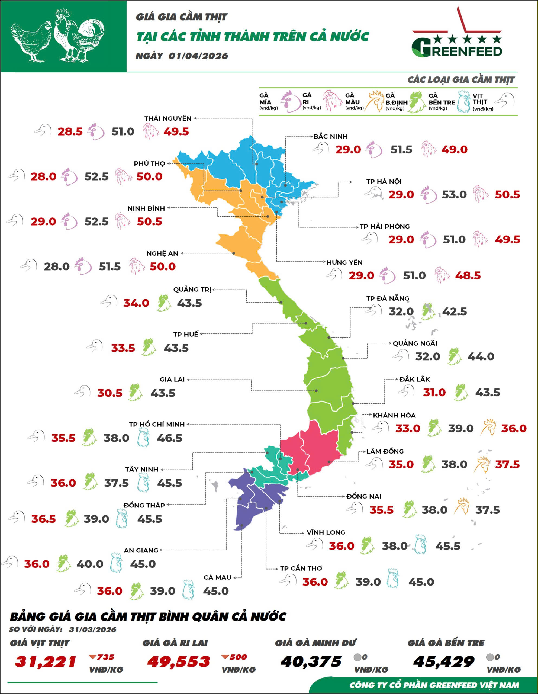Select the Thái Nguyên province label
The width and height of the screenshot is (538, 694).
tap(168, 118)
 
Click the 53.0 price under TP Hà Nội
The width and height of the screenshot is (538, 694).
tap(454, 194)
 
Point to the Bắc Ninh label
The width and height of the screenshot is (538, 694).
tap(330, 137)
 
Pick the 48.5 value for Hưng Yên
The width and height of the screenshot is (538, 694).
tap(468, 275)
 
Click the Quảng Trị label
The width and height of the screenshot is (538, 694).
tap(192, 290)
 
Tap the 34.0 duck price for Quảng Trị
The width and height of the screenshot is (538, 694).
tap(136, 303)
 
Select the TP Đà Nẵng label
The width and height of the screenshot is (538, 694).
tap(388, 298)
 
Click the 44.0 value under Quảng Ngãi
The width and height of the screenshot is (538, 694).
tap(481, 356)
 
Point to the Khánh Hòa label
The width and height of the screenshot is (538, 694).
tap(394, 415)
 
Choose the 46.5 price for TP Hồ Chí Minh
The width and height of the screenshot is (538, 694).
tap(169, 438)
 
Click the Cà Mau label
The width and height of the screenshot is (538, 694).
tap(217, 577)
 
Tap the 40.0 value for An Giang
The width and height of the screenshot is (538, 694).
tap(90, 564)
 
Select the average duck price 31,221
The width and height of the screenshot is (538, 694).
tap(46, 662)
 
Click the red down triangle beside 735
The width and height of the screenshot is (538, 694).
tap(92, 657)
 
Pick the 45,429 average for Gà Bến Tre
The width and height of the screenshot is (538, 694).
tap(444, 662)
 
